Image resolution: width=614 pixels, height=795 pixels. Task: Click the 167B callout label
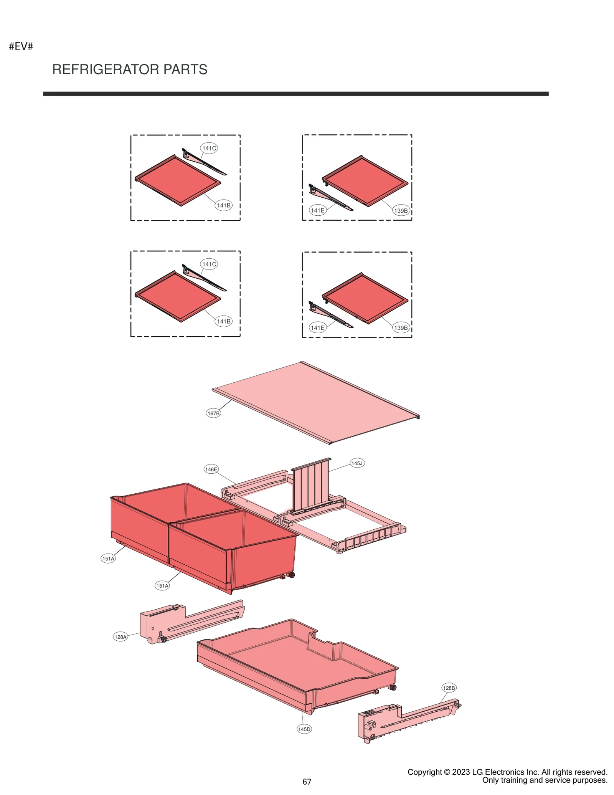point(213,413)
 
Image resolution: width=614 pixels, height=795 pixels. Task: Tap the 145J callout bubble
point(357,463)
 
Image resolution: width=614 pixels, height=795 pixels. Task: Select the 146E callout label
point(211,469)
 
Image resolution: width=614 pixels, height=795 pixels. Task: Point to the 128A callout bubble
point(120,637)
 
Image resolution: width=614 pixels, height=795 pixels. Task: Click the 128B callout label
point(449,688)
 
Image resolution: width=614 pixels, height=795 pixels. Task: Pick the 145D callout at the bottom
point(304,729)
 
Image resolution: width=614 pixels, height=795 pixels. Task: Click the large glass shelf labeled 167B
point(315,403)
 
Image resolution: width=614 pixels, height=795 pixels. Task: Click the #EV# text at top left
point(21,46)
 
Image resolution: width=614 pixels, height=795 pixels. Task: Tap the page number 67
point(307,782)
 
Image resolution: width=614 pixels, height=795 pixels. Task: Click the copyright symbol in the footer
point(447,772)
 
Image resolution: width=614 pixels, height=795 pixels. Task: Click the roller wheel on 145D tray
point(393,688)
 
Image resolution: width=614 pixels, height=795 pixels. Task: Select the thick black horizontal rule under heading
point(295,94)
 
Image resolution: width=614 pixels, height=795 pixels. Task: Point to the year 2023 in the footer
point(461,772)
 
